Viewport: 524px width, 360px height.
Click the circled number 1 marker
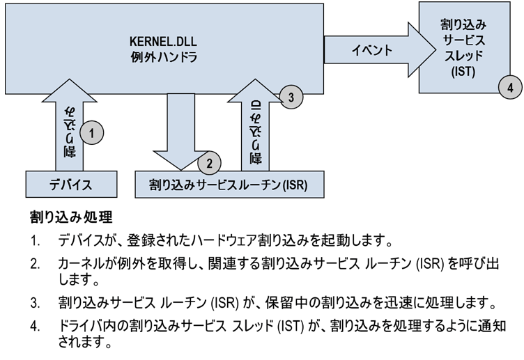(92, 133)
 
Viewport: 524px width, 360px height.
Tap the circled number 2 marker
(209, 163)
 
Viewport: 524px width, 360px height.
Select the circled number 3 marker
(291, 97)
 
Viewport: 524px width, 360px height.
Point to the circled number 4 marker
(510, 87)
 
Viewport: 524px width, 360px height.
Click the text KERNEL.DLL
(163, 41)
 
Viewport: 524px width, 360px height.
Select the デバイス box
(71, 184)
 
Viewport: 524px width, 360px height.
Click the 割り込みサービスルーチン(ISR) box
(229, 185)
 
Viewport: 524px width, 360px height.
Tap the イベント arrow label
(371, 50)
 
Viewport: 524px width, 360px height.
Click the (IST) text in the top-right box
(463, 72)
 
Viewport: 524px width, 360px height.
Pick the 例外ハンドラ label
(164, 57)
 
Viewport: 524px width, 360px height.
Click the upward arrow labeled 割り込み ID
(256, 125)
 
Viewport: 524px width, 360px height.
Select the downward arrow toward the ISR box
(180, 132)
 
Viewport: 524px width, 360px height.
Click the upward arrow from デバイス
(70, 125)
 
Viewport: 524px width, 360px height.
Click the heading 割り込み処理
(71, 217)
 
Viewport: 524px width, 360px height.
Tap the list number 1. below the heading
(35, 240)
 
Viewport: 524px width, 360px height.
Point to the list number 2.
(35, 264)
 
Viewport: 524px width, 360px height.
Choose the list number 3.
(35, 303)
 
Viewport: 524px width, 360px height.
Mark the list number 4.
(35, 326)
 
